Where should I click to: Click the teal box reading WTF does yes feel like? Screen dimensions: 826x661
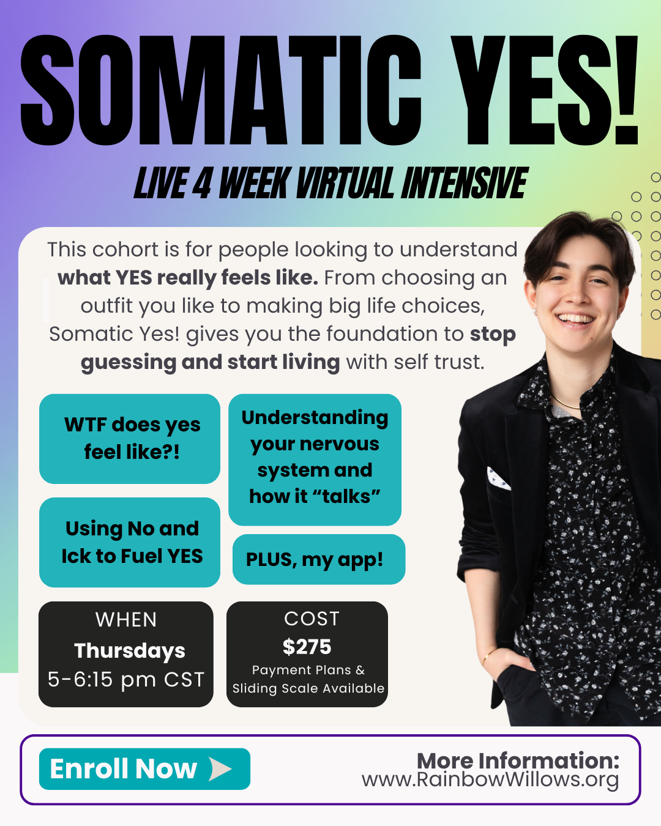tap(130, 439)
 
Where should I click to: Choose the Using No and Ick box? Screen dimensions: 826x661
tap(130, 542)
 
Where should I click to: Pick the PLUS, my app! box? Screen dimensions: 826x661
tap(318, 559)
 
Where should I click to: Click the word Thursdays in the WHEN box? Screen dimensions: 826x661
tap(130, 650)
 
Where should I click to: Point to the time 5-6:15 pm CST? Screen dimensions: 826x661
tap(126, 679)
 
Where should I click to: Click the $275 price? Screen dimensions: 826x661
tap(307, 647)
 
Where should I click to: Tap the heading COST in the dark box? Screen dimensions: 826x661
tap(312, 619)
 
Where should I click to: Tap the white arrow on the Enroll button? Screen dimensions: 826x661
tap(220, 769)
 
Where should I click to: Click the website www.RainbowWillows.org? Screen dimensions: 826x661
tap(490, 780)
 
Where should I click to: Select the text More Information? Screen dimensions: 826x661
tap(518, 761)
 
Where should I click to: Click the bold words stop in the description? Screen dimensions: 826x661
tap(493, 334)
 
